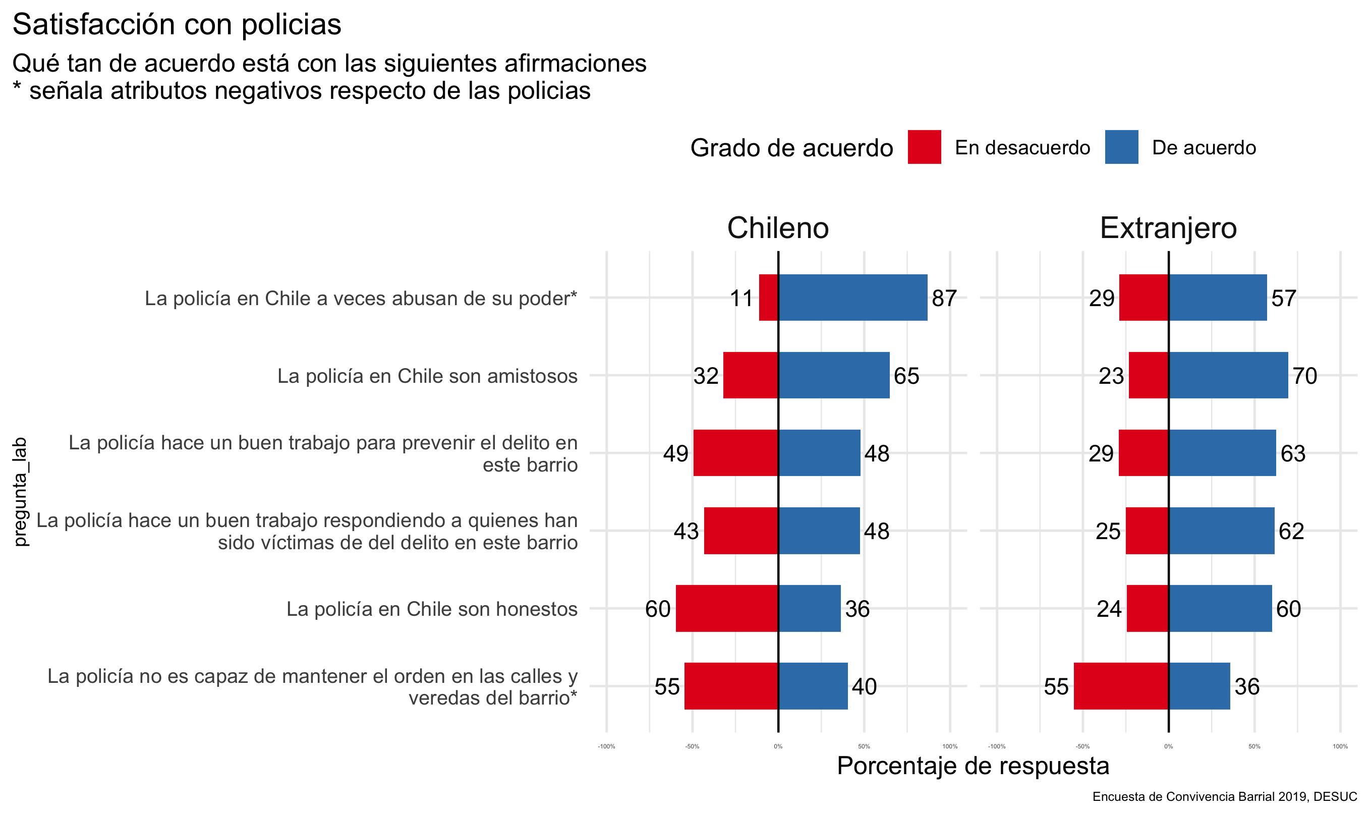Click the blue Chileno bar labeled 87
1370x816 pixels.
click(852, 298)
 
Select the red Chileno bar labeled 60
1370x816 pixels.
click(726, 608)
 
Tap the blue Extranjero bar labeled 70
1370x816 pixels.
click(1228, 375)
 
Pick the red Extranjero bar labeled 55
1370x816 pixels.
click(1121, 686)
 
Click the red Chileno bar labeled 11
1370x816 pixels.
click(768, 298)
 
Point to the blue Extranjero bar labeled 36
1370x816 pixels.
click(1199, 686)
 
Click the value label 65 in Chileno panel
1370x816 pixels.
click(906, 376)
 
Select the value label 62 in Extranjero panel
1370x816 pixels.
click(1291, 531)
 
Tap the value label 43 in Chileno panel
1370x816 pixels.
click(686, 531)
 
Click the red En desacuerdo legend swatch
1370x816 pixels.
click(924, 147)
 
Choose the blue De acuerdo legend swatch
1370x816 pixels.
click(1121, 147)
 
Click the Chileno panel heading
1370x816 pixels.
click(778, 227)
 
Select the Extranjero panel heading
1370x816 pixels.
click(1168, 227)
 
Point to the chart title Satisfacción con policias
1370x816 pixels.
click(177, 24)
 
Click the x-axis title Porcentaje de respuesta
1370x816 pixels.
click(973, 766)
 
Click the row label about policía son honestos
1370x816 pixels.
click(432, 609)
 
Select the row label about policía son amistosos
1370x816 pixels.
click(427, 376)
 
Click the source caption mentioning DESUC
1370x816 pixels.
click(1224, 796)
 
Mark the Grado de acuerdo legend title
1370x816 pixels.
click(791, 148)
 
